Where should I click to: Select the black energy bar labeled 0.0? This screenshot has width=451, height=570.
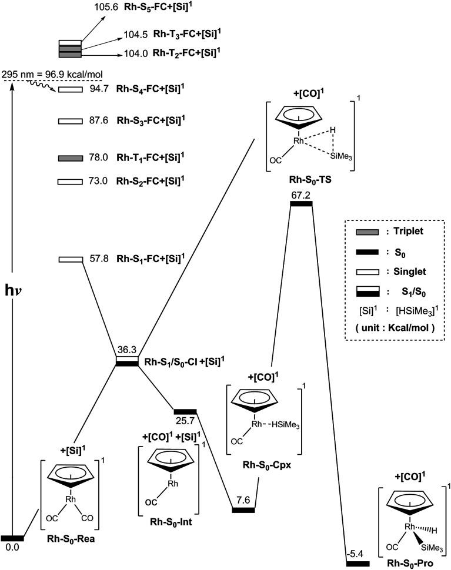[12, 538]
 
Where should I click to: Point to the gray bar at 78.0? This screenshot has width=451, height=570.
[70, 158]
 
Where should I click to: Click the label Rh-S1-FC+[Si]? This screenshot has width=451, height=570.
[149, 258]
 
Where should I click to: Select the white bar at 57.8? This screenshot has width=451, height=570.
[70, 259]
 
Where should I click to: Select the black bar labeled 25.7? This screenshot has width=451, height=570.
[185, 411]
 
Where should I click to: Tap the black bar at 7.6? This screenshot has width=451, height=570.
[243, 509]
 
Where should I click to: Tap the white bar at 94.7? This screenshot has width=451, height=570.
[70, 90]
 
